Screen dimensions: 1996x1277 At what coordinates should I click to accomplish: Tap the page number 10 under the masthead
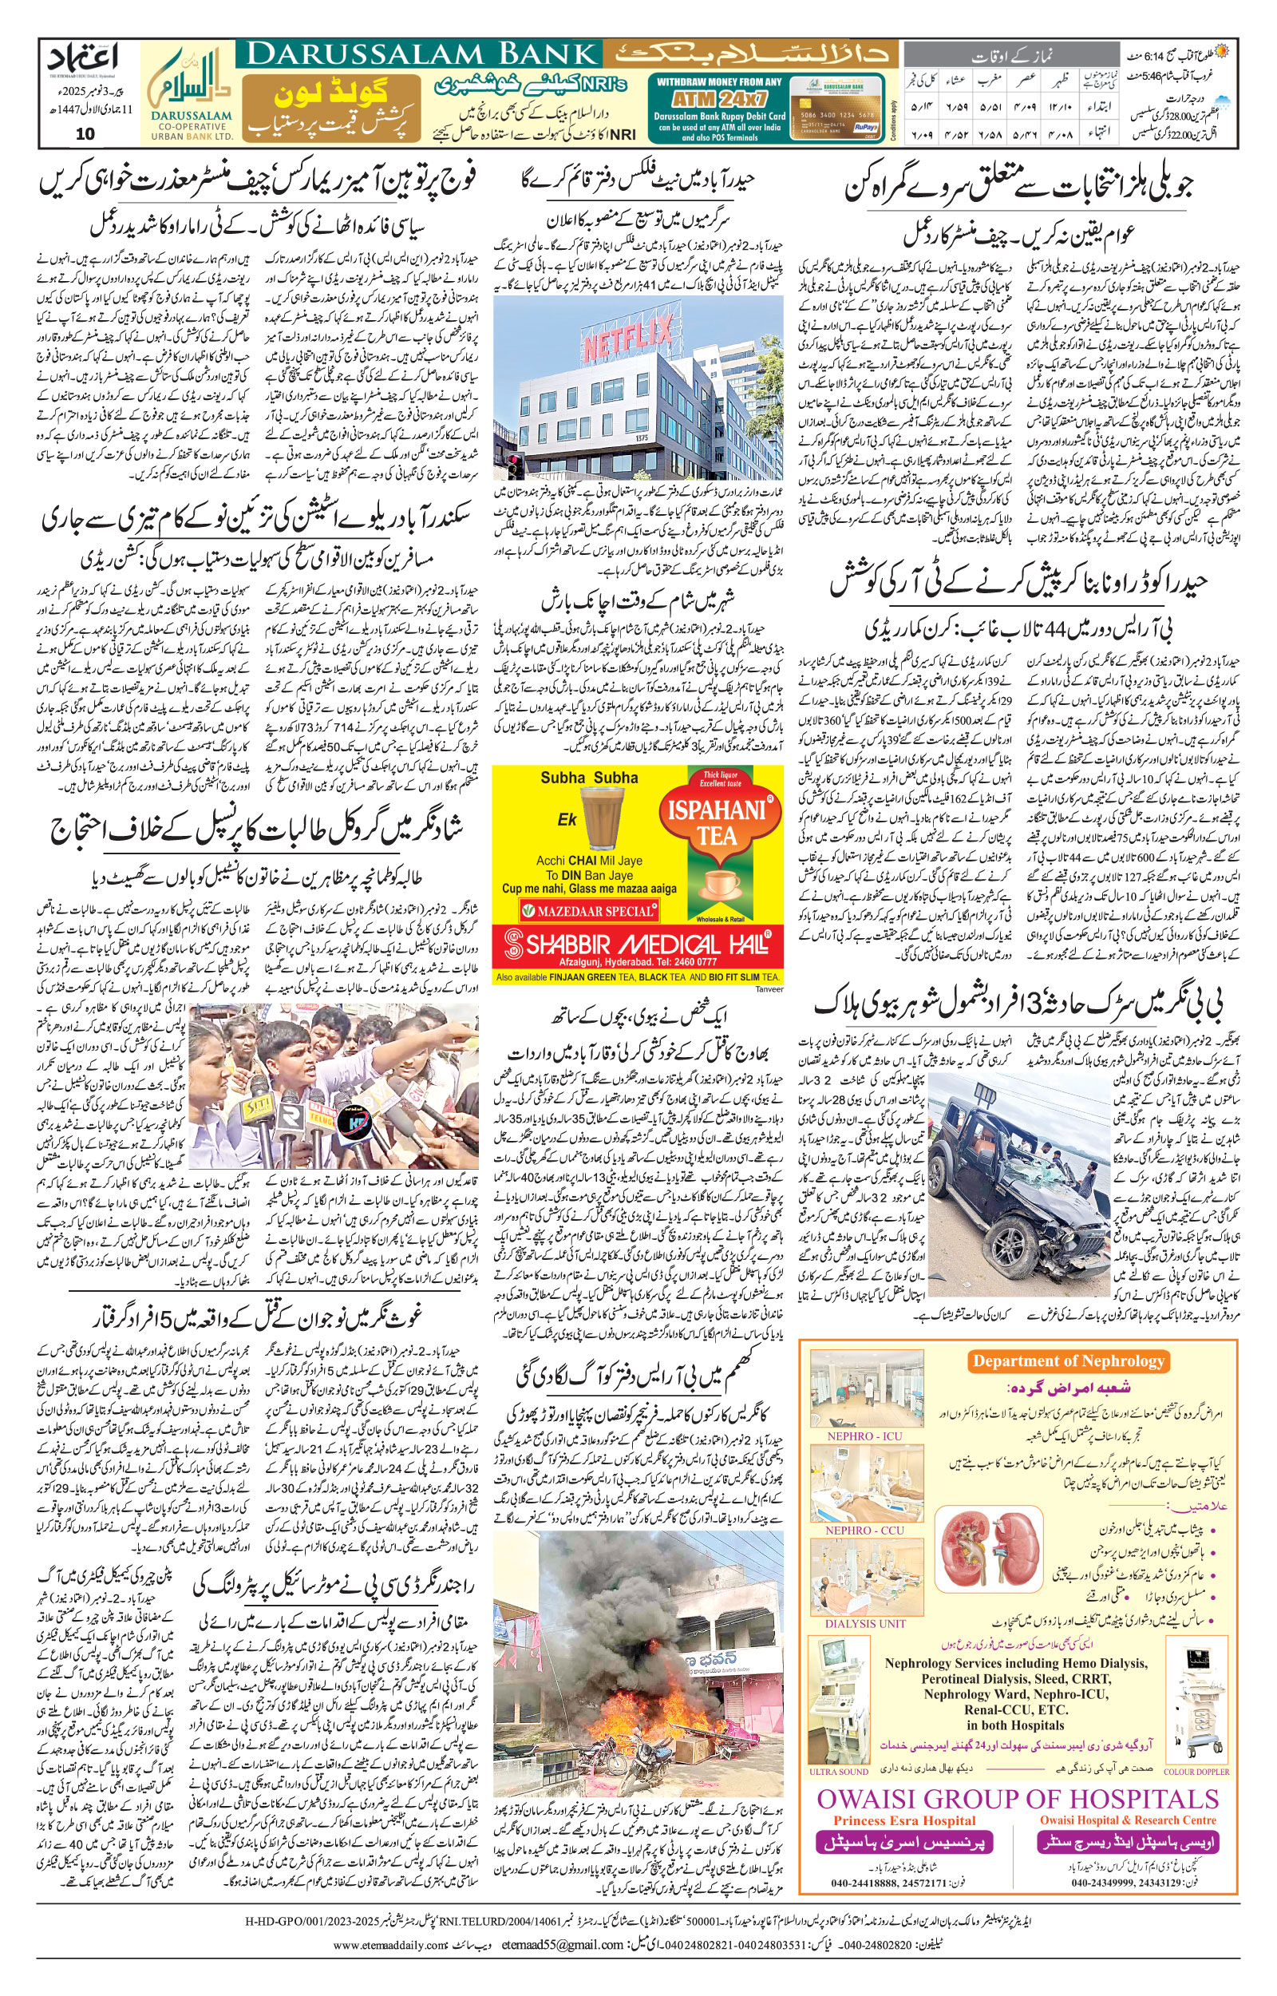(x=85, y=133)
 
